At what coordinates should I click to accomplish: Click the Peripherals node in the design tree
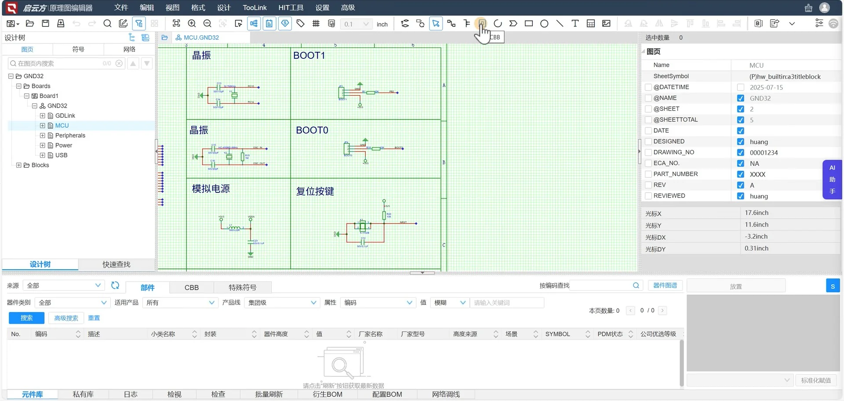[70, 135]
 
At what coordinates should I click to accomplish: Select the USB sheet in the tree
[61, 155]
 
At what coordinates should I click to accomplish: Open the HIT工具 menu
[291, 7]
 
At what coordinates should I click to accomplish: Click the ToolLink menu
[255, 7]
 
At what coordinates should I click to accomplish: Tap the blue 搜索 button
[26, 318]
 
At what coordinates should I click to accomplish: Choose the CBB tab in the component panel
[191, 287]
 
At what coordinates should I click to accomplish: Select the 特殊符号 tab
[242, 287]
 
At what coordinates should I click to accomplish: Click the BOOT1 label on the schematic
[309, 55]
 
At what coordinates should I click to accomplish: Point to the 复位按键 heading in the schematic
[315, 191]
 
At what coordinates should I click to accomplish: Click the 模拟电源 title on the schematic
[211, 188]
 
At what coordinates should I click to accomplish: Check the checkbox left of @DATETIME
[648, 87]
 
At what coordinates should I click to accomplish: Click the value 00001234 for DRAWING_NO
[764, 152]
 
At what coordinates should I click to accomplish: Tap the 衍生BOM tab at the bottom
[327, 394]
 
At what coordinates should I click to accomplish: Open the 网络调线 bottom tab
[446, 394]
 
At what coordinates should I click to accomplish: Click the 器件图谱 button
[665, 285]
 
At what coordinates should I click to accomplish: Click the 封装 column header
[210, 334]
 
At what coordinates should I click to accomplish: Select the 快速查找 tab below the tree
[116, 264]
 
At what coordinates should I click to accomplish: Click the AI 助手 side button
[832, 179]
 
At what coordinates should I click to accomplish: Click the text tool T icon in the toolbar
[575, 23]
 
